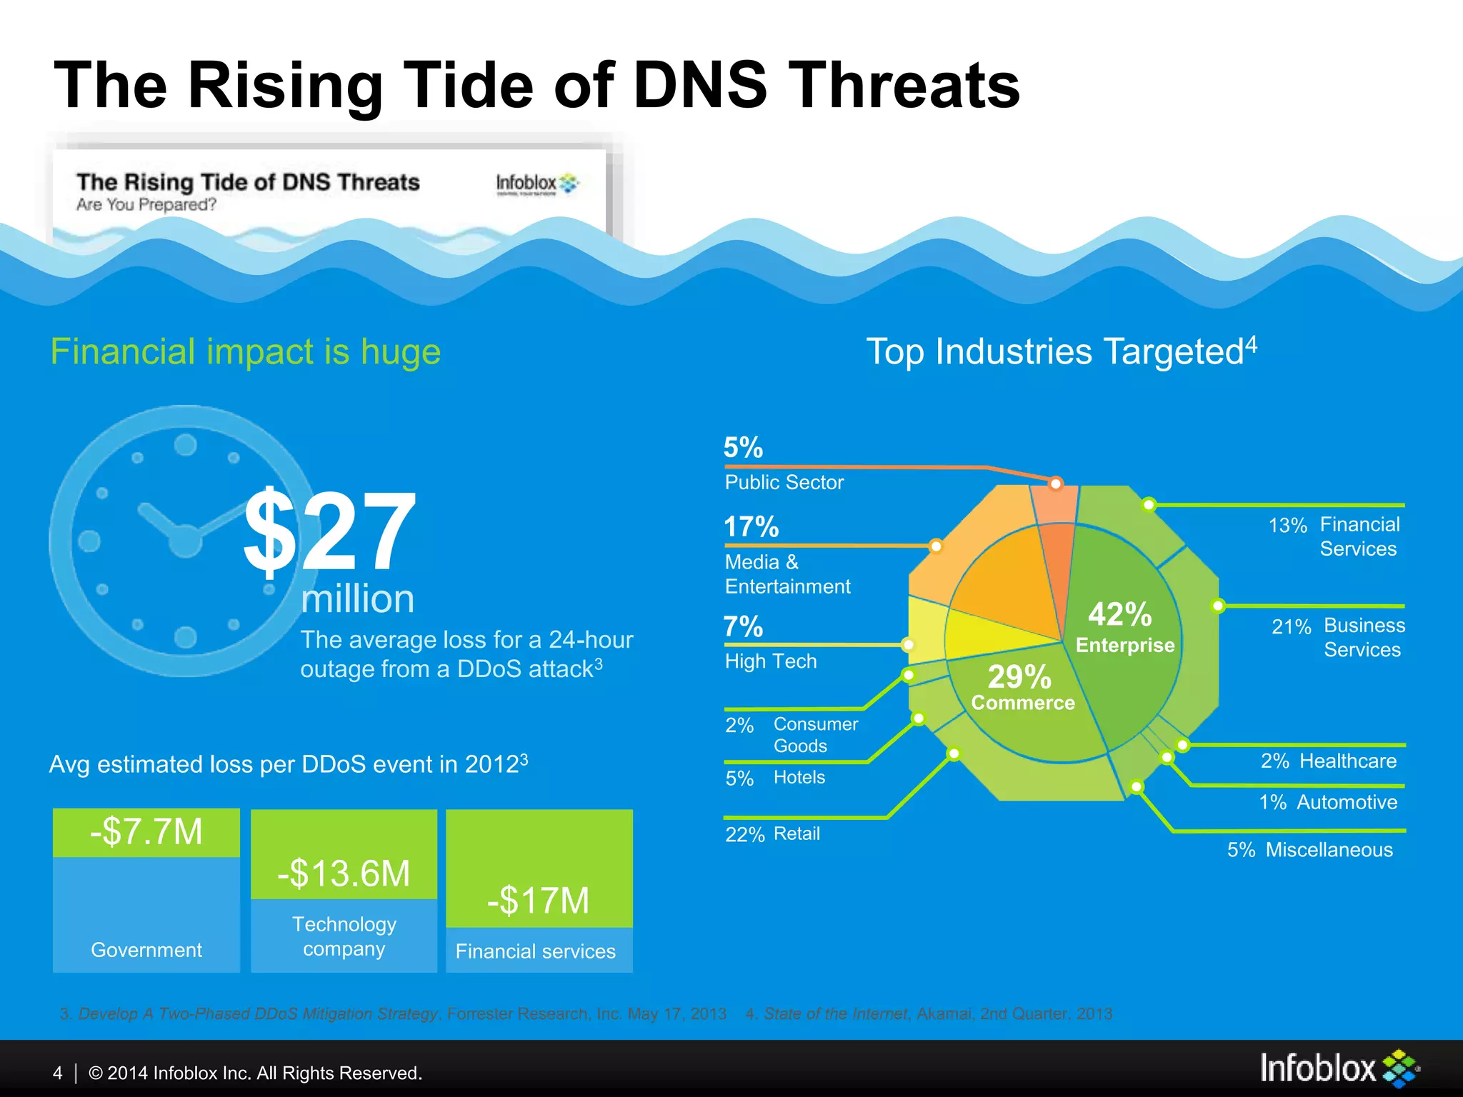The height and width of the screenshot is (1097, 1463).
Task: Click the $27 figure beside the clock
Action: click(x=330, y=531)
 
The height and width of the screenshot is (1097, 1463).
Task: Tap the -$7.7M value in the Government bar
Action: click(x=146, y=832)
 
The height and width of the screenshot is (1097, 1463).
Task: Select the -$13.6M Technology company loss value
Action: click(x=344, y=873)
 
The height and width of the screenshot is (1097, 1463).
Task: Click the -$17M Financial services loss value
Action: click(x=539, y=901)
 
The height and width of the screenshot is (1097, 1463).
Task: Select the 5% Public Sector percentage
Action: click(x=743, y=448)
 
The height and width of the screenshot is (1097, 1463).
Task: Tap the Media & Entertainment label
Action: click(x=787, y=574)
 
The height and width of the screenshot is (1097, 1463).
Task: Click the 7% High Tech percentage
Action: click(x=743, y=626)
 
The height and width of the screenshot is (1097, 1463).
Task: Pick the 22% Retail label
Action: click(x=773, y=834)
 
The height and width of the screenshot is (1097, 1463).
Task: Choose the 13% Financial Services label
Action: click(x=1334, y=536)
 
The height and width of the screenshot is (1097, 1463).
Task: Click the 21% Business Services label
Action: click(x=1338, y=637)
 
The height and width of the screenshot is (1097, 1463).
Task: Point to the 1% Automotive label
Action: click(x=1328, y=802)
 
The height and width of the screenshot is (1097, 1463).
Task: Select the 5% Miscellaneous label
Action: click(x=1310, y=850)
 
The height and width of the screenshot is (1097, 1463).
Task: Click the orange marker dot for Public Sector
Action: click(x=1055, y=484)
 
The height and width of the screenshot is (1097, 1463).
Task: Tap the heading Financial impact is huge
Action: click(x=246, y=351)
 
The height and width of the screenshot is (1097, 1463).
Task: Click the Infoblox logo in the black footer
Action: click(x=1339, y=1068)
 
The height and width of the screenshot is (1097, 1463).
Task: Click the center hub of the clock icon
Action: click(x=184, y=541)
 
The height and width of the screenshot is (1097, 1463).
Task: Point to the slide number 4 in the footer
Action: click(x=58, y=1073)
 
